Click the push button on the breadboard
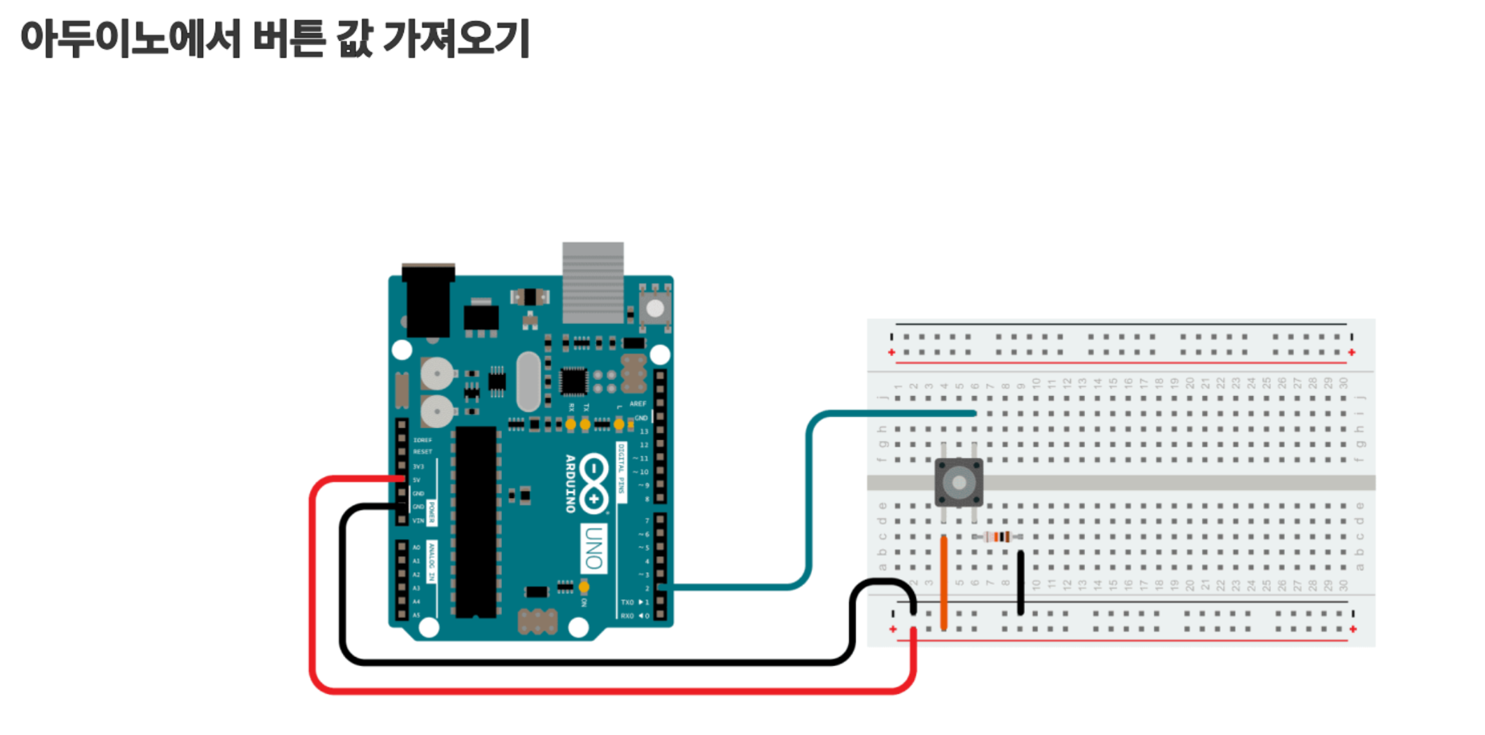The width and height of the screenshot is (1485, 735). click(x=958, y=482)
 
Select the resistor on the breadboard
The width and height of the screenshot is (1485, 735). click(x=997, y=537)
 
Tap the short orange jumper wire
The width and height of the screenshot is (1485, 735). click(x=944, y=582)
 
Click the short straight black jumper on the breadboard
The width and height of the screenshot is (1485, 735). click(x=1020, y=582)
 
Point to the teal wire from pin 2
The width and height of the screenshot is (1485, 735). click(x=809, y=498)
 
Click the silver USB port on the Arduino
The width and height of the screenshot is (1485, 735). click(x=593, y=281)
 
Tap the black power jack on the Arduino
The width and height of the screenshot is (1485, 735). click(x=427, y=301)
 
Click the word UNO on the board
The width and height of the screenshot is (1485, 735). click(x=594, y=549)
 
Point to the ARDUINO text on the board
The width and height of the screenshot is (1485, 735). click(x=570, y=483)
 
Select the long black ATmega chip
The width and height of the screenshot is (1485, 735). click(x=475, y=522)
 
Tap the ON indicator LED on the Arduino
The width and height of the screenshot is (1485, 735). click(x=584, y=588)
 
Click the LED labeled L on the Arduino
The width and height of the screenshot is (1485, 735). click(x=618, y=423)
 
